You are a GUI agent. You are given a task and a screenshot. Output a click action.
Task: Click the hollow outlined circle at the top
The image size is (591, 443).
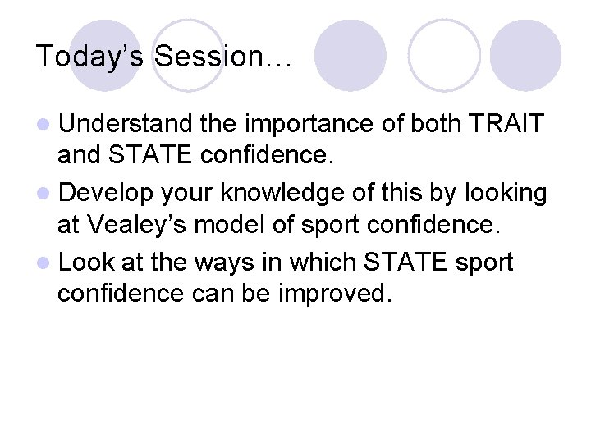click(x=444, y=55)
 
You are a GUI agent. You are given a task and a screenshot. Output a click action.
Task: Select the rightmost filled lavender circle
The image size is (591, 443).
click(x=526, y=55)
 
